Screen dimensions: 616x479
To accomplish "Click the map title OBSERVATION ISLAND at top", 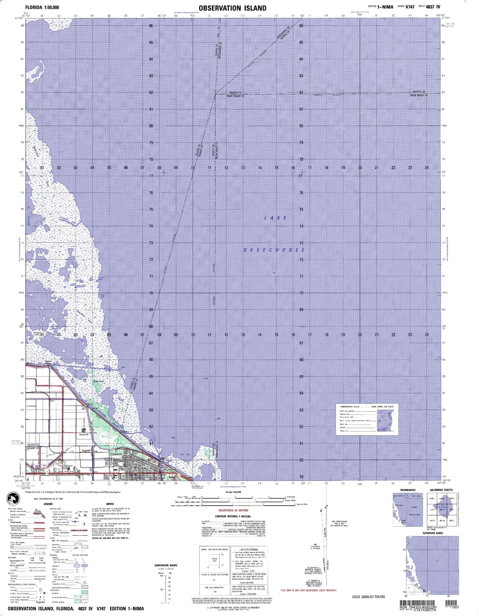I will coord(232,8).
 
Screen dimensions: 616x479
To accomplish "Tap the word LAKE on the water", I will coord(275,218).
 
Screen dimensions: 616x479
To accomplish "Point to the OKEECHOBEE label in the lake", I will coord(274,250).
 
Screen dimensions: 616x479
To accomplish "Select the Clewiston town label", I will coord(116,454).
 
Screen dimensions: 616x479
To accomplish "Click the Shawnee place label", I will coord(84,434).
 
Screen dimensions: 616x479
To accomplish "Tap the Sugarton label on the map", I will coord(86,451).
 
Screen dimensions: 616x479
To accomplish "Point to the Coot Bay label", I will coord(185,455).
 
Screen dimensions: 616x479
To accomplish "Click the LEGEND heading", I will coord(48,504).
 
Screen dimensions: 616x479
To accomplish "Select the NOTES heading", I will coord(110,504).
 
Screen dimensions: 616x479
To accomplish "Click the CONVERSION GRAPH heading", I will coord(166,565).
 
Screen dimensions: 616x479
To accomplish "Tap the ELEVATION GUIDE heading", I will coord(433,533).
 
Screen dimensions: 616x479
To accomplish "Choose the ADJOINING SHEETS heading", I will coord(441,490).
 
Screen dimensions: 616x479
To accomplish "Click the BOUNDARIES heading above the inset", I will coord(407,490).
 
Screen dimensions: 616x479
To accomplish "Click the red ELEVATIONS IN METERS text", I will coord(233,510).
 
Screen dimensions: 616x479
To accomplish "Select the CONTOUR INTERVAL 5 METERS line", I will coord(233,516).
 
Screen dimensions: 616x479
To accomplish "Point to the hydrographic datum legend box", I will coord(367,420).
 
